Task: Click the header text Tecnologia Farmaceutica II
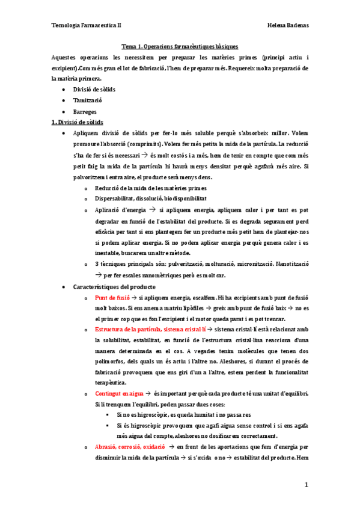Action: pyautogui.click(x=87, y=26)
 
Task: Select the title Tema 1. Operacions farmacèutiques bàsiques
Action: pyautogui.click(x=180, y=46)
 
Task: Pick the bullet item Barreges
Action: pyautogui.click(x=85, y=111)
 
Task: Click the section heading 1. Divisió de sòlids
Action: pyautogui.click(x=78, y=122)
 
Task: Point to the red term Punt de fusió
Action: pyautogui.click(x=112, y=298)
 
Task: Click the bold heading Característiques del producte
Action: pyautogui.click(x=114, y=287)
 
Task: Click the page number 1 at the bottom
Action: pyautogui.click(x=306, y=485)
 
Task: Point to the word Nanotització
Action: pyautogui.click(x=293, y=263)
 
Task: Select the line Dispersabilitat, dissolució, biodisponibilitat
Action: pyautogui.click(x=151, y=197)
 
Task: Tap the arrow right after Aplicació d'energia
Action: pyautogui.click(x=153, y=209)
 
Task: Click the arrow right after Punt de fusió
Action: pyautogui.click(x=135, y=298)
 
